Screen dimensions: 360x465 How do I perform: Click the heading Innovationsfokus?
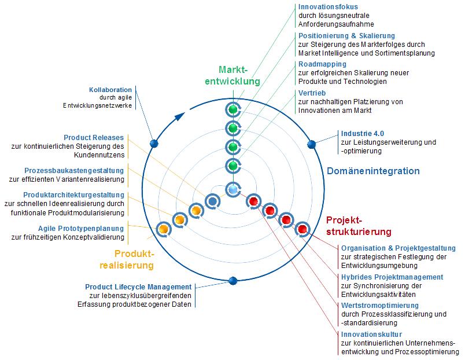pos(327,8)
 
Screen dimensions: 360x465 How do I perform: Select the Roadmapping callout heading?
pos(322,64)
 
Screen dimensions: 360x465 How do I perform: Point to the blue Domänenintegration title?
pos(373,171)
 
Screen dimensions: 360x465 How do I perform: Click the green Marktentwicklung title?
pos(232,75)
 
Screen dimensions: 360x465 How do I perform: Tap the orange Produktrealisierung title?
pos(134,259)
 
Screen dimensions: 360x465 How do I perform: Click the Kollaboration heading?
pos(110,90)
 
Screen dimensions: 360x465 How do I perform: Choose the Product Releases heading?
pos(94,137)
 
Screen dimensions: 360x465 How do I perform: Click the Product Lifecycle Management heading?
pos(138,286)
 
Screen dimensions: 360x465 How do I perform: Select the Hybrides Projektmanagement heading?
pos(392,277)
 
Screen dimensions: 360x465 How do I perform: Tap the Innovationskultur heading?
pos(371,334)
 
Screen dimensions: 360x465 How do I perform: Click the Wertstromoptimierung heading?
pos(380,306)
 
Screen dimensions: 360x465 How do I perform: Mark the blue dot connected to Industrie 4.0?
pos(311,144)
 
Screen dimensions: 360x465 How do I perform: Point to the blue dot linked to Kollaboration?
pos(153,144)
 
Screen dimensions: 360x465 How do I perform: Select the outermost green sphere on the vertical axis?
pos(232,109)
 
